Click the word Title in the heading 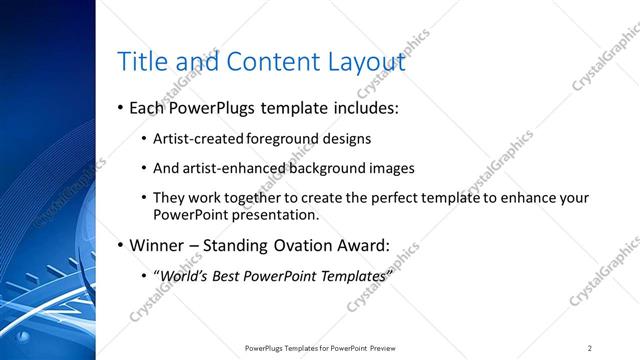[142, 62]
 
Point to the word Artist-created [195, 139]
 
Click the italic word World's [184, 275]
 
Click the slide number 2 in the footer [590, 347]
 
